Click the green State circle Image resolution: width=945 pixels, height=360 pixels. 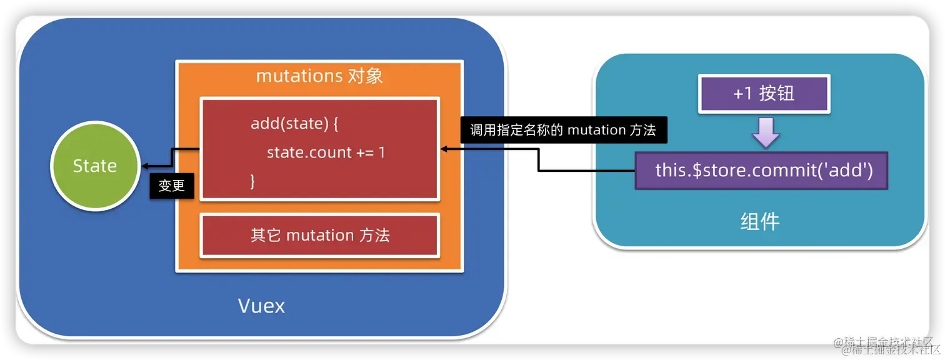94,166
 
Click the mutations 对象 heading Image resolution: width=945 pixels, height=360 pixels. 319,76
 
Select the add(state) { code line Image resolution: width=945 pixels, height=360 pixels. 294,123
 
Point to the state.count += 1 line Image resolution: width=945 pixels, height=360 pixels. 325,152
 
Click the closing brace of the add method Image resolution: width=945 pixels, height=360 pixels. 253,181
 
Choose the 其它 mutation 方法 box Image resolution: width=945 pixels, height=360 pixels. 319,235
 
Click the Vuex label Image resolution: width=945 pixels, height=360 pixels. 261,306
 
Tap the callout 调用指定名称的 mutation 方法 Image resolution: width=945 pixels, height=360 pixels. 562,130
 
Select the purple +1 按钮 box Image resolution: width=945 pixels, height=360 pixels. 764,94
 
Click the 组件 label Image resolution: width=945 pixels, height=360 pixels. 760,221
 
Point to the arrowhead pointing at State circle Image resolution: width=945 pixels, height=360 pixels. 144,166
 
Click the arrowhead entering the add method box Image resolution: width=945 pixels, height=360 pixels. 444,149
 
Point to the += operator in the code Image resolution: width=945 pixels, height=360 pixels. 364,152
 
